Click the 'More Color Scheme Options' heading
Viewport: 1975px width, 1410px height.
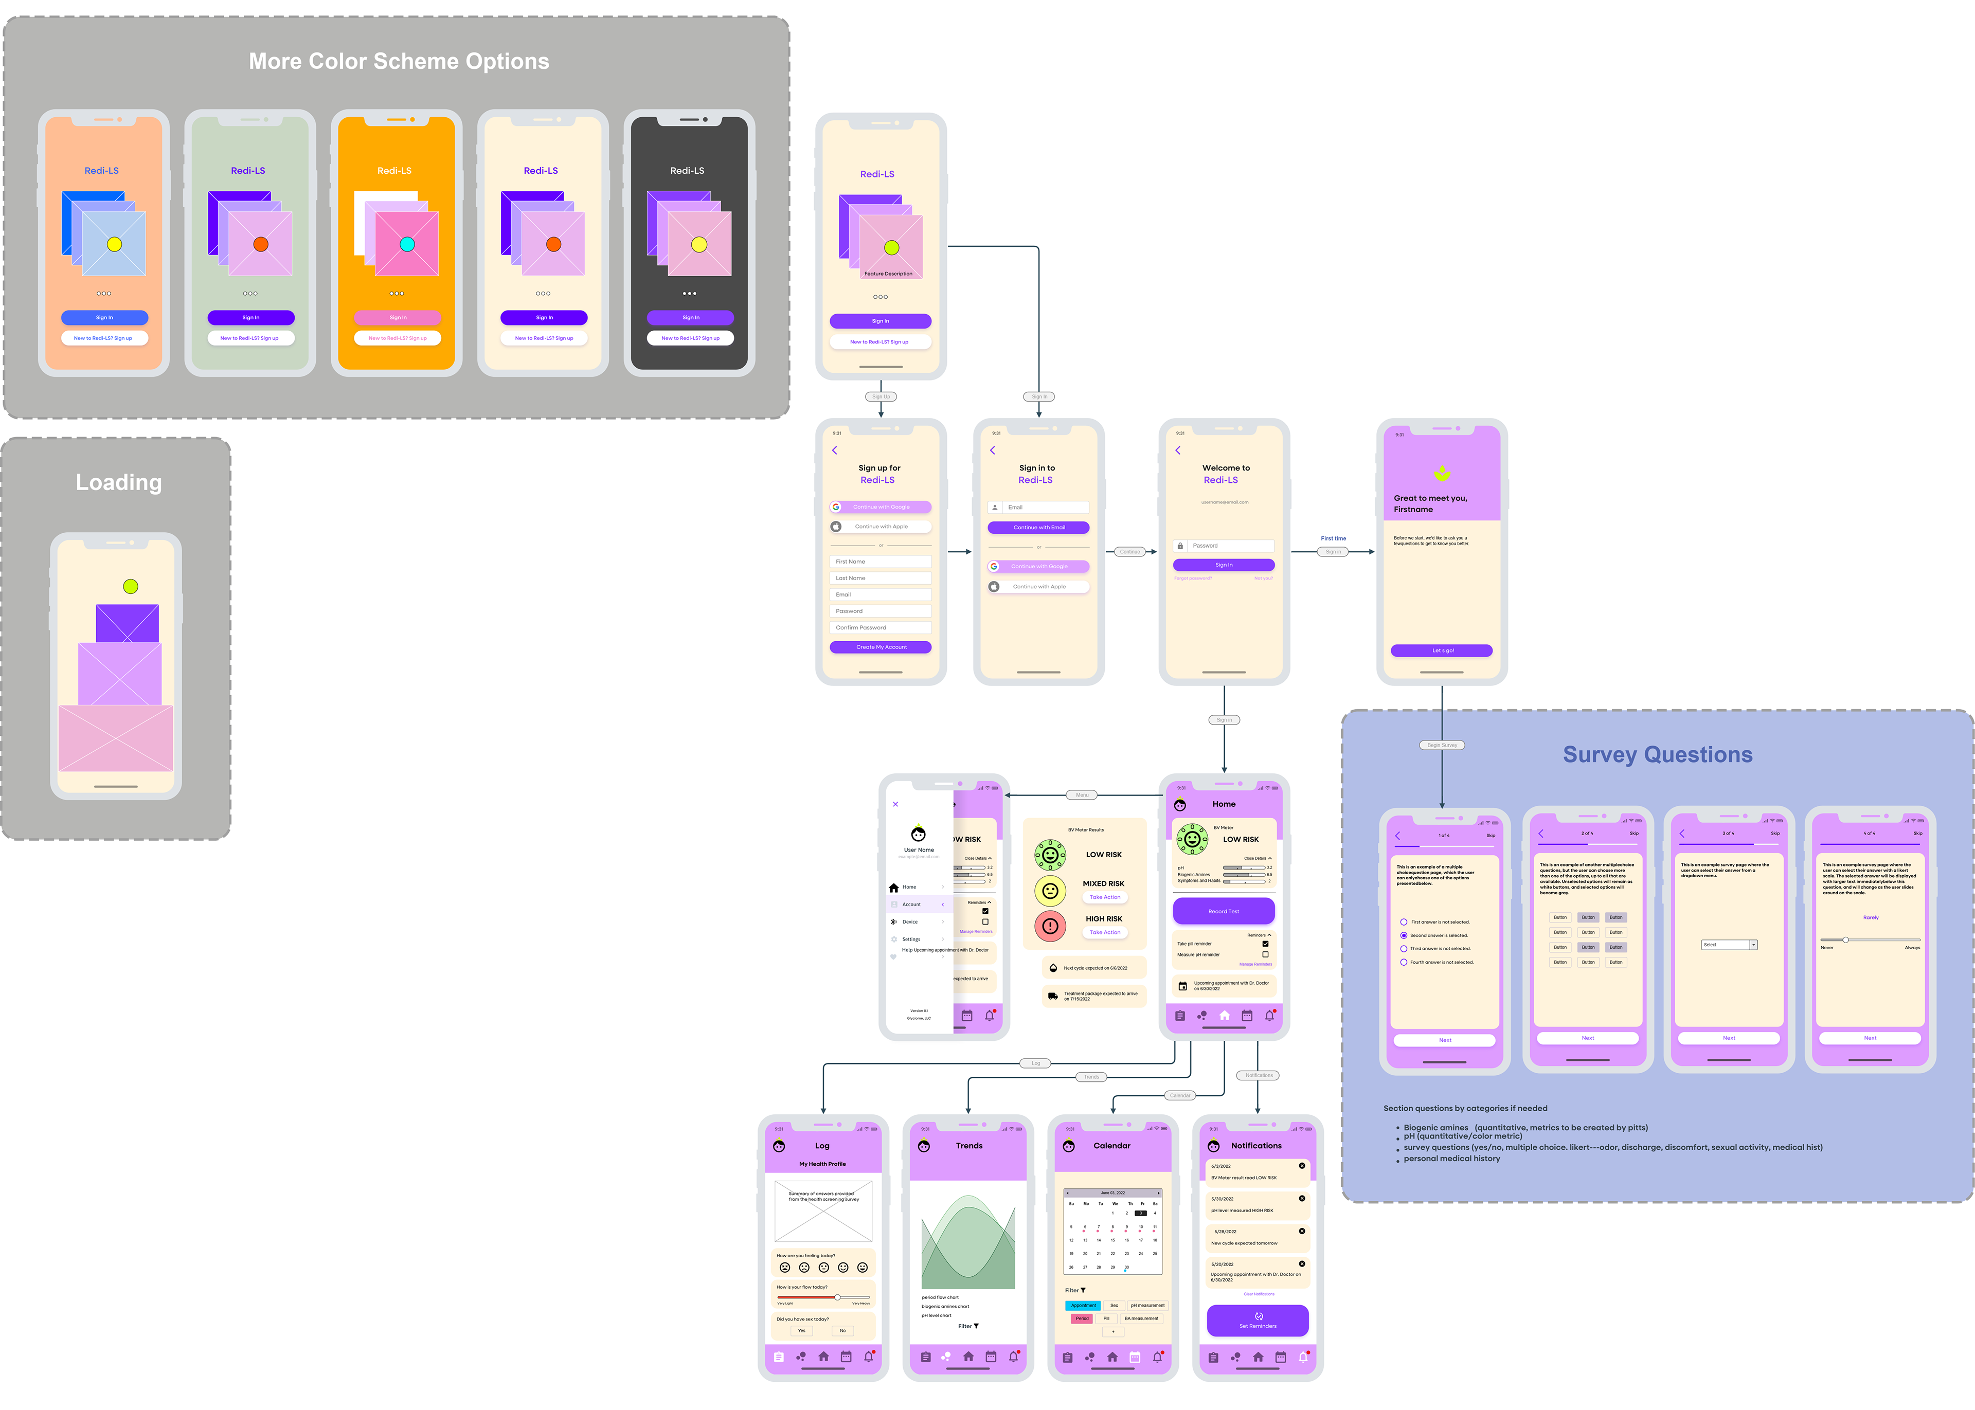[399, 62]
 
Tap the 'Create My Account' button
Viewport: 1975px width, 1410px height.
[881, 647]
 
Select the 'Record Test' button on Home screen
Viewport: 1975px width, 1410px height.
[1223, 911]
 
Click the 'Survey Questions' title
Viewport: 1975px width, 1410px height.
[1657, 754]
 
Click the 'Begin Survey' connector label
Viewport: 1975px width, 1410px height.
[1442, 745]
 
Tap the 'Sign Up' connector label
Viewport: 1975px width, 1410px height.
[881, 397]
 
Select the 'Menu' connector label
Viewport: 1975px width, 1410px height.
[1082, 794]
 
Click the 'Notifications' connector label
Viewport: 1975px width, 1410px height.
[1258, 1075]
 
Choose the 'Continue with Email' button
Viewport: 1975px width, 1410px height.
[1038, 527]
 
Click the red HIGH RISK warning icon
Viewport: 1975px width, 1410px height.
[1050, 926]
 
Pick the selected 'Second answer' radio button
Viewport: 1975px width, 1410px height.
[1404, 935]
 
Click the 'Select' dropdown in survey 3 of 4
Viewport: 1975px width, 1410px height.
[1729, 945]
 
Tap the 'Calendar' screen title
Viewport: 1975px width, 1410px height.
[1111, 1145]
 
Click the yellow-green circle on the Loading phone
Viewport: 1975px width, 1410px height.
[130, 586]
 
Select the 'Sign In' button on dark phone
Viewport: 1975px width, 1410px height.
[690, 318]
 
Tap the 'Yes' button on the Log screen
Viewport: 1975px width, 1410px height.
[801, 1330]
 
